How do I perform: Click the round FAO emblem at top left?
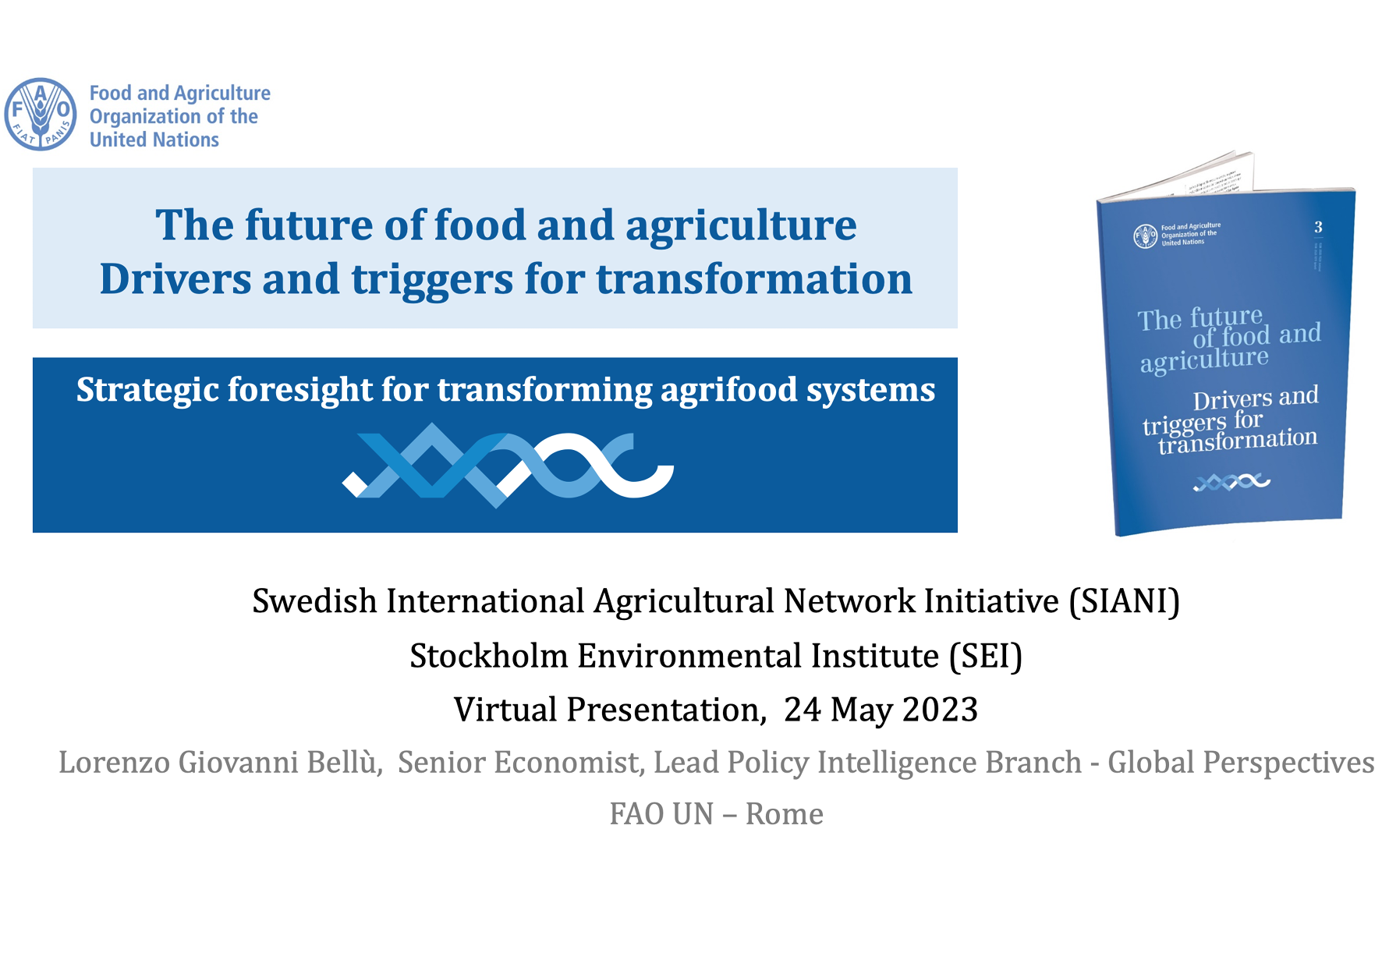point(41,114)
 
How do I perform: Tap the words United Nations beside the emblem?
point(154,140)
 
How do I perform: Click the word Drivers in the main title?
point(175,279)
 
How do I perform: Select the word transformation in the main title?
point(754,279)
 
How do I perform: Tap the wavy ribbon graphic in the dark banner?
point(508,465)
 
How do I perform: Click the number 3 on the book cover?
point(1318,227)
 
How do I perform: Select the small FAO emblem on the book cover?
point(1145,236)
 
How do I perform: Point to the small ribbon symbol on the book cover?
point(1231,483)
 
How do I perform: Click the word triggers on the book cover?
point(1185,425)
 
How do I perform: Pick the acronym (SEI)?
point(985,656)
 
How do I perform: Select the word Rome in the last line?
point(784,814)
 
